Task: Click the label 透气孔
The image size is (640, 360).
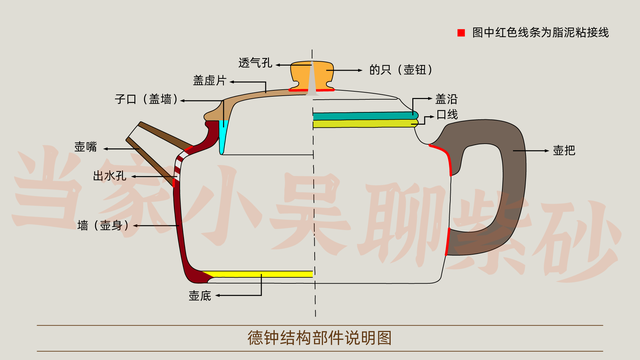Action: click(x=254, y=62)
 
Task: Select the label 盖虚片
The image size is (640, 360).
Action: click(x=211, y=78)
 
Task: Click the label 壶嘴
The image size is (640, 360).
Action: click(x=85, y=147)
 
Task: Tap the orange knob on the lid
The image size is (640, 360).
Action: click(x=313, y=75)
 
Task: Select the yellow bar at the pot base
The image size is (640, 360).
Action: click(x=260, y=273)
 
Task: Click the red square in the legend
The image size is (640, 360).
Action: click(x=461, y=33)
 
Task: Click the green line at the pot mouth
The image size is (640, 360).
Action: click(x=365, y=116)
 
